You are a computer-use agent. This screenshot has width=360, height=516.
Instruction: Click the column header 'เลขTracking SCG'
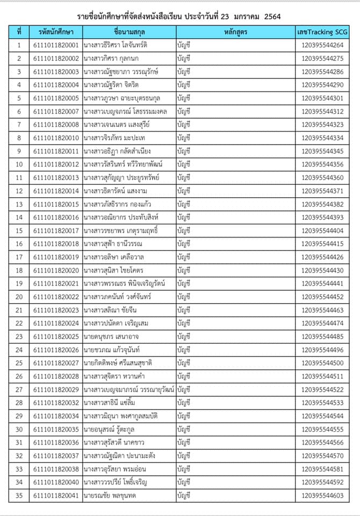322,32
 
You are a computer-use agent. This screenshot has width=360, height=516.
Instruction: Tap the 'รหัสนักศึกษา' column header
55,32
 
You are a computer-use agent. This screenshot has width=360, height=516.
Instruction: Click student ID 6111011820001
55,45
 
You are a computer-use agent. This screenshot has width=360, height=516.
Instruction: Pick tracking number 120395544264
322,45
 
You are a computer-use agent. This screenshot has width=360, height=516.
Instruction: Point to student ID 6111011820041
55,495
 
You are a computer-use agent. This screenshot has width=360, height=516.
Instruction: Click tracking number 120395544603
322,495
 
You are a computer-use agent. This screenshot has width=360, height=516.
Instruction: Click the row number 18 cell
19,270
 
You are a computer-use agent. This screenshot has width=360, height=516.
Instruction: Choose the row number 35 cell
19,495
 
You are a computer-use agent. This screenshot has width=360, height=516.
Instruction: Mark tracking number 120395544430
322,270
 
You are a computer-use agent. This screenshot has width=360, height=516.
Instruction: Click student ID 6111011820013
55,177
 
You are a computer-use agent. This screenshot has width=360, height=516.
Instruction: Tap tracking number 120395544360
322,177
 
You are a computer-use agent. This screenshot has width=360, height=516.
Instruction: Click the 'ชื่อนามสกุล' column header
129,32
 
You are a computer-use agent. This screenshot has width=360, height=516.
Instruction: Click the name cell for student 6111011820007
129,111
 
